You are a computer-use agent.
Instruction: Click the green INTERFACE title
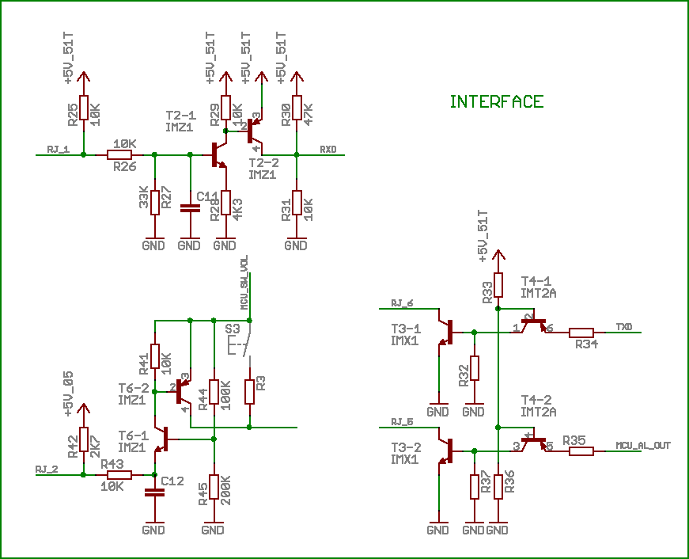(x=496, y=101)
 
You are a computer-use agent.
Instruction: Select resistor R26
(x=119, y=155)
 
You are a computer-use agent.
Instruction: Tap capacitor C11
(x=190, y=208)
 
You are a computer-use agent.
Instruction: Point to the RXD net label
(x=327, y=149)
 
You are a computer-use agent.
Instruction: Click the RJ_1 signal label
(x=58, y=149)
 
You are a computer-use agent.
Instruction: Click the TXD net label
(x=623, y=325)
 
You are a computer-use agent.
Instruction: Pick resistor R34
(x=581, y=333)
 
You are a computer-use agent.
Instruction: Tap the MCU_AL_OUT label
(x=642, y=445)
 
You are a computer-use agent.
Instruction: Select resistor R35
(x=581, y=451)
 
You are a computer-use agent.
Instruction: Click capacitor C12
(x=154, y=492)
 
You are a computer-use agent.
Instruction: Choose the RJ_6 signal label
(x=402, y=302)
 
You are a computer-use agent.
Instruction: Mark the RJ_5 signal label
(x=402, y=420)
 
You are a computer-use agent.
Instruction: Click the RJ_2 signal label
(x=47, y=469)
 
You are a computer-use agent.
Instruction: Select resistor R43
(x=119, y=475)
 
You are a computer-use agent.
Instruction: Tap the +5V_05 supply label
(x=69, y=394)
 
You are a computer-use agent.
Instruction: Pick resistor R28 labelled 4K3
(x=225, y=203)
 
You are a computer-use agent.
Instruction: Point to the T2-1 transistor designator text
(x=180, y=116)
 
